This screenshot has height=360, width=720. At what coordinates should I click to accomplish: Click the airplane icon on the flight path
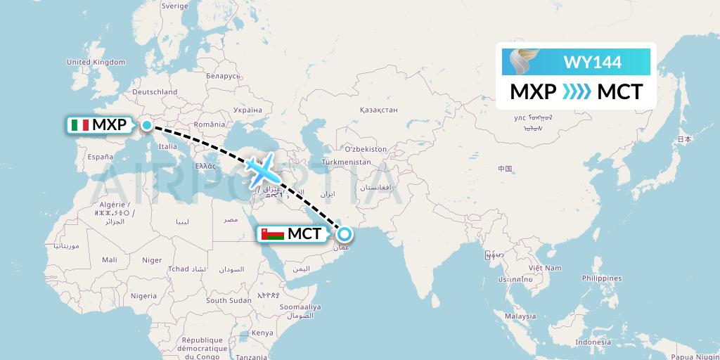click(260, 169)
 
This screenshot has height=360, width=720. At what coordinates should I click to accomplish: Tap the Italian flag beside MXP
click(79, 126)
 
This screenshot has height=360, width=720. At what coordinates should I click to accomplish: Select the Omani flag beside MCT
click(273, 234)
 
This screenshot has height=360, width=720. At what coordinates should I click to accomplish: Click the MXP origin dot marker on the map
click(146, 126)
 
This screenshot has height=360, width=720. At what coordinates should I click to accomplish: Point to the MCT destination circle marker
click(345, 234)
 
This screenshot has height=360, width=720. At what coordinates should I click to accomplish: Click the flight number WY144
click(592, 63)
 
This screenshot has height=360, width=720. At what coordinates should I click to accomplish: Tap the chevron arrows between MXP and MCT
click(577, 91)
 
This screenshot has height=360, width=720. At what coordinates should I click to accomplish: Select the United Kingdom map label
click(95, 62)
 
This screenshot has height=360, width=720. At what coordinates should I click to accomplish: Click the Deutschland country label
click(155, 91)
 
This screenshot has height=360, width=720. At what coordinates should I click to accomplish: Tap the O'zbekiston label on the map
click(366, 149)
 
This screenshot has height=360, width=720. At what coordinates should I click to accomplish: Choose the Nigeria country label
click(143, 295)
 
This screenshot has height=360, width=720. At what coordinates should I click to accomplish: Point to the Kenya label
click(262, 332)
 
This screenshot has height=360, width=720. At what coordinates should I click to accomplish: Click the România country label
click(209, 124)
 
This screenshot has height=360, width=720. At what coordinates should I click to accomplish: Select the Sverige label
click(174, 6)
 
